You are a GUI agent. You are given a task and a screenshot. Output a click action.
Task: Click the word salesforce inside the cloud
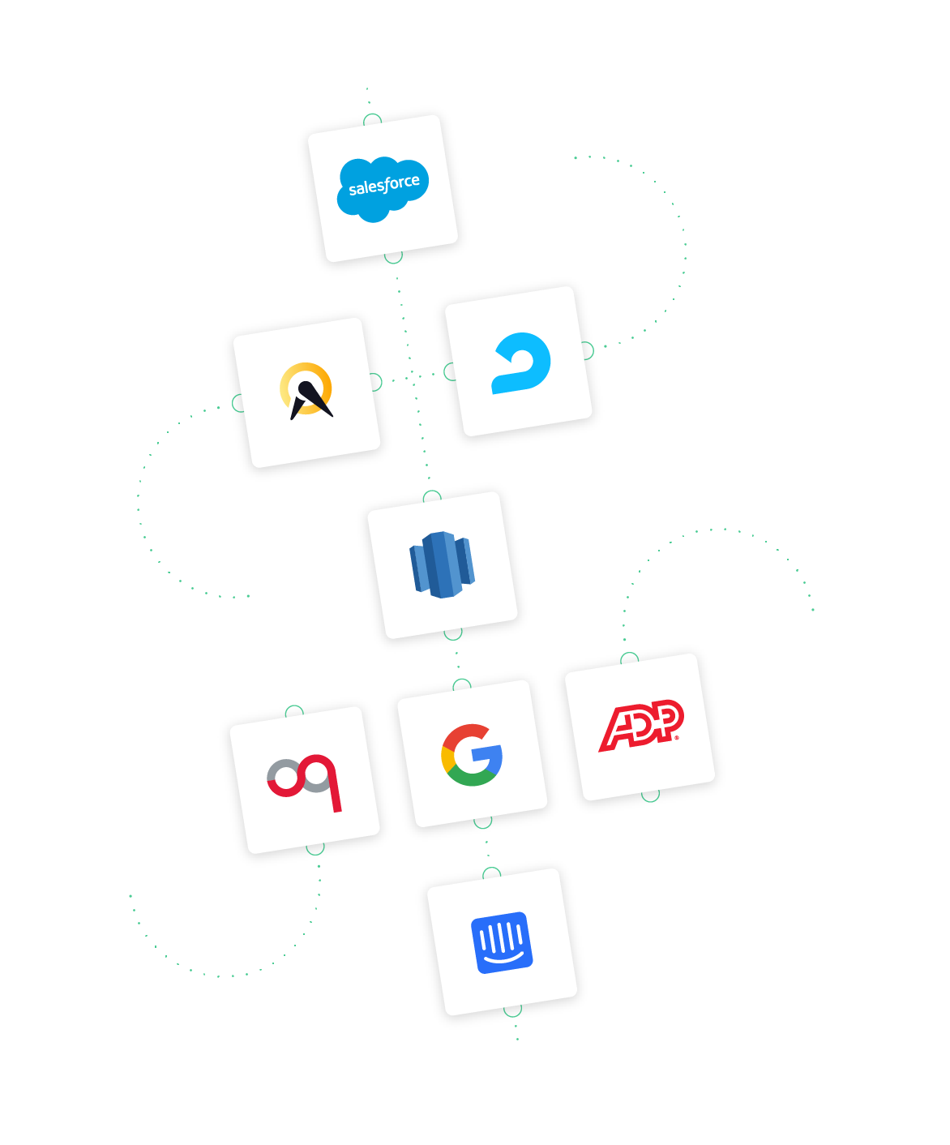pos(383,186)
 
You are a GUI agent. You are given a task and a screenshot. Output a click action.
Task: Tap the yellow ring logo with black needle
pos(306,390)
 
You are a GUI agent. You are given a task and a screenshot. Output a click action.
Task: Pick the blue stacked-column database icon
pos(443,564)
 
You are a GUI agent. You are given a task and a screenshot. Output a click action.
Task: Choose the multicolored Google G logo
pos(471,755)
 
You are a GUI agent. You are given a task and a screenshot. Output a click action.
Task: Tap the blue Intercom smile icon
pos(502,942)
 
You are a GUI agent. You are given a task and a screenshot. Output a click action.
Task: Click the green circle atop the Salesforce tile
pos(372,121)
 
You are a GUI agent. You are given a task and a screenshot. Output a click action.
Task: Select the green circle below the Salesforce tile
pos(393,256)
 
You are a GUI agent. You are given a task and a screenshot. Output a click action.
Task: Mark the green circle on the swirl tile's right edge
pos(586,350)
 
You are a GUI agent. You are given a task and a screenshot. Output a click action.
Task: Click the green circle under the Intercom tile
pos(512,1010)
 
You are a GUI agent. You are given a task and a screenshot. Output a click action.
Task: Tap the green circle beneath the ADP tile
pos(650,795)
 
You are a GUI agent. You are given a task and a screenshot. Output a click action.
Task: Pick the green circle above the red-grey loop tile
pos(294,712)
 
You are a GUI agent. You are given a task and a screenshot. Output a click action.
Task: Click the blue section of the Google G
pos(489,758)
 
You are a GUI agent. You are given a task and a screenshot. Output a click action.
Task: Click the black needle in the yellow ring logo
pos(311,400)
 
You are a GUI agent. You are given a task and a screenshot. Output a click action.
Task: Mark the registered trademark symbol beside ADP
pos(677,737)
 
